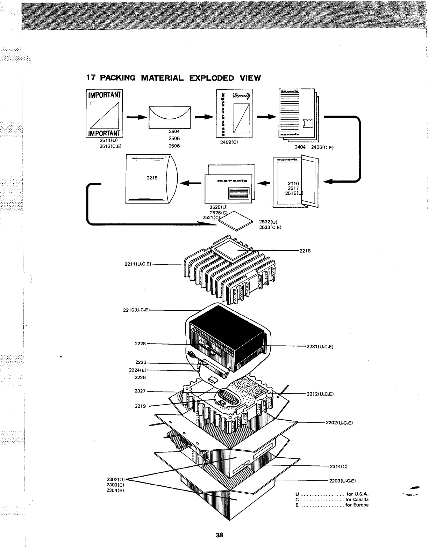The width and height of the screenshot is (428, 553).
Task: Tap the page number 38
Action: pyautogui.click(x=219, y=535)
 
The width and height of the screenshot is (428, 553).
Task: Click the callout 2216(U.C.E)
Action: pyautogui.click(x=137, y=310)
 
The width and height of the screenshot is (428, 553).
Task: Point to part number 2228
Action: pyautogui.click(x=140, y=344)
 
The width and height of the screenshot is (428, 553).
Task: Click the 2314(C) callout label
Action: pyautogui.click(x=338, y=466)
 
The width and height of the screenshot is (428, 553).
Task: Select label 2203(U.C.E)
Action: pyautogui.click(x=342, y=481)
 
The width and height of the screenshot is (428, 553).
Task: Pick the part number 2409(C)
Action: pyautogui.click(x=229, y=142)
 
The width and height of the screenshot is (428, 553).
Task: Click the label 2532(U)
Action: pyautogui.click(x=268, y=222)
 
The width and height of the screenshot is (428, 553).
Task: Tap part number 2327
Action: pyautogui.click(x=140, y=391)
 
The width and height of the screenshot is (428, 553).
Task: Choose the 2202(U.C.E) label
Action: pyautogui.click(x=338, y=423)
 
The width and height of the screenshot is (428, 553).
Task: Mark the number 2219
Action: pyautogui.click(x=140, y=406)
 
